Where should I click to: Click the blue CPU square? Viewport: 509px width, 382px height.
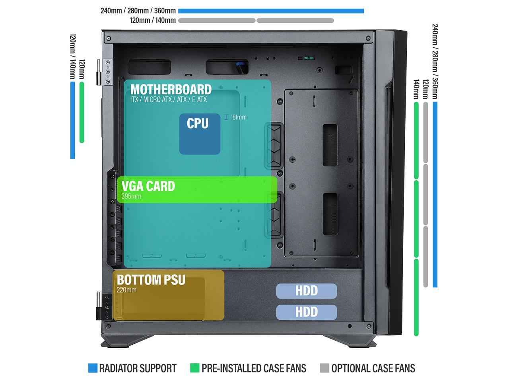[x=200, y=134]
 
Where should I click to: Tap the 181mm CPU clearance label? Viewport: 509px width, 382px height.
[x=238, y=117]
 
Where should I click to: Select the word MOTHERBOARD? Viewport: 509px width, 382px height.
[x=171, y=89]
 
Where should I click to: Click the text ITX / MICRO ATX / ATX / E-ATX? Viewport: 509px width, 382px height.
[x=169, y=99]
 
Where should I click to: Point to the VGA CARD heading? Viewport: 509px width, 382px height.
[x=148, y=186]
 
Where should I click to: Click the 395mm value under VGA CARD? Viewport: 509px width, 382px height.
[x=131, y=196]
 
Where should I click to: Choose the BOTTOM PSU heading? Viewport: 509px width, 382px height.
[x=151, y=280]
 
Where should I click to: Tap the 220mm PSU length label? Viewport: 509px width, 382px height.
[x=126, y=290]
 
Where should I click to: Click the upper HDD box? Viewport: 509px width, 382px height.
[x=307, y=291]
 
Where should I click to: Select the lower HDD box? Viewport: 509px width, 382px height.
[x=307, y=312]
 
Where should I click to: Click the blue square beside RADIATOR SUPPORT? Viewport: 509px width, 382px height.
[x=93, y=368]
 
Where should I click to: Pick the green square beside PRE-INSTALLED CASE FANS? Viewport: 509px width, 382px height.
[x=195, y=368]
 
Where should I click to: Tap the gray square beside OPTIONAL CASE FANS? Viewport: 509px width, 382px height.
[x=324, y=368]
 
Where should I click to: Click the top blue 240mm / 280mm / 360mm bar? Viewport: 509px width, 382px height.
[x=271, y=11]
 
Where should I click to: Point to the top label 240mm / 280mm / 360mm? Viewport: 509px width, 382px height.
[x=138, y=11]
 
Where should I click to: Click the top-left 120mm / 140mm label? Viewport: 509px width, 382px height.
[x=153, y=21]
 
